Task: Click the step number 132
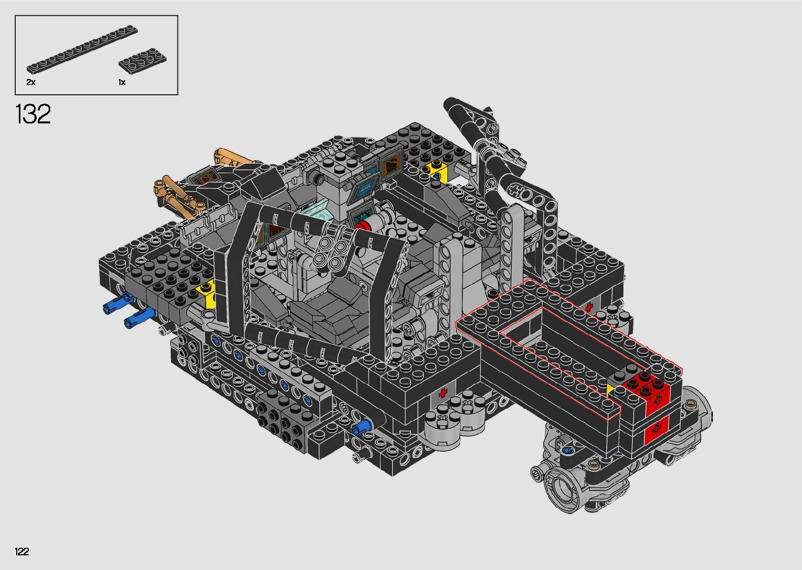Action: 33,114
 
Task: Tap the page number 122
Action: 22,551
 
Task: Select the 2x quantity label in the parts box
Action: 31,82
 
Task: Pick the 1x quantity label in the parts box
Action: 122,82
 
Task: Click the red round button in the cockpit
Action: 361,226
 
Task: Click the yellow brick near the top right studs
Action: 433,168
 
